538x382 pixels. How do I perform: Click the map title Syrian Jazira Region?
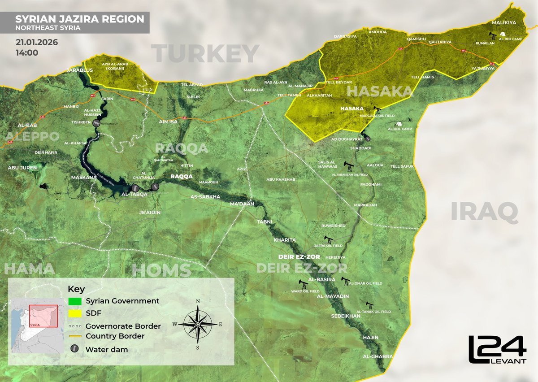coord(80,19)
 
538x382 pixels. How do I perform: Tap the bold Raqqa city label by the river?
coord(182,177)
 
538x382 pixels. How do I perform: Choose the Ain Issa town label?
coord(169,122)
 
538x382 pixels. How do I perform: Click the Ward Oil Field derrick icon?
coord(304,284)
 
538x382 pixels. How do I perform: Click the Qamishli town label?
coord(415,39)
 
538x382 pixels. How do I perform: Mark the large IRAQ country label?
coord(484,212)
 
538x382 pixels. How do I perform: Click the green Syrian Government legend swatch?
coord(75,301)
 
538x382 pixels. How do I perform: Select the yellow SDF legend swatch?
coord(75,313)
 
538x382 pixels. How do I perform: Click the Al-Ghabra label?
coord(378,356)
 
